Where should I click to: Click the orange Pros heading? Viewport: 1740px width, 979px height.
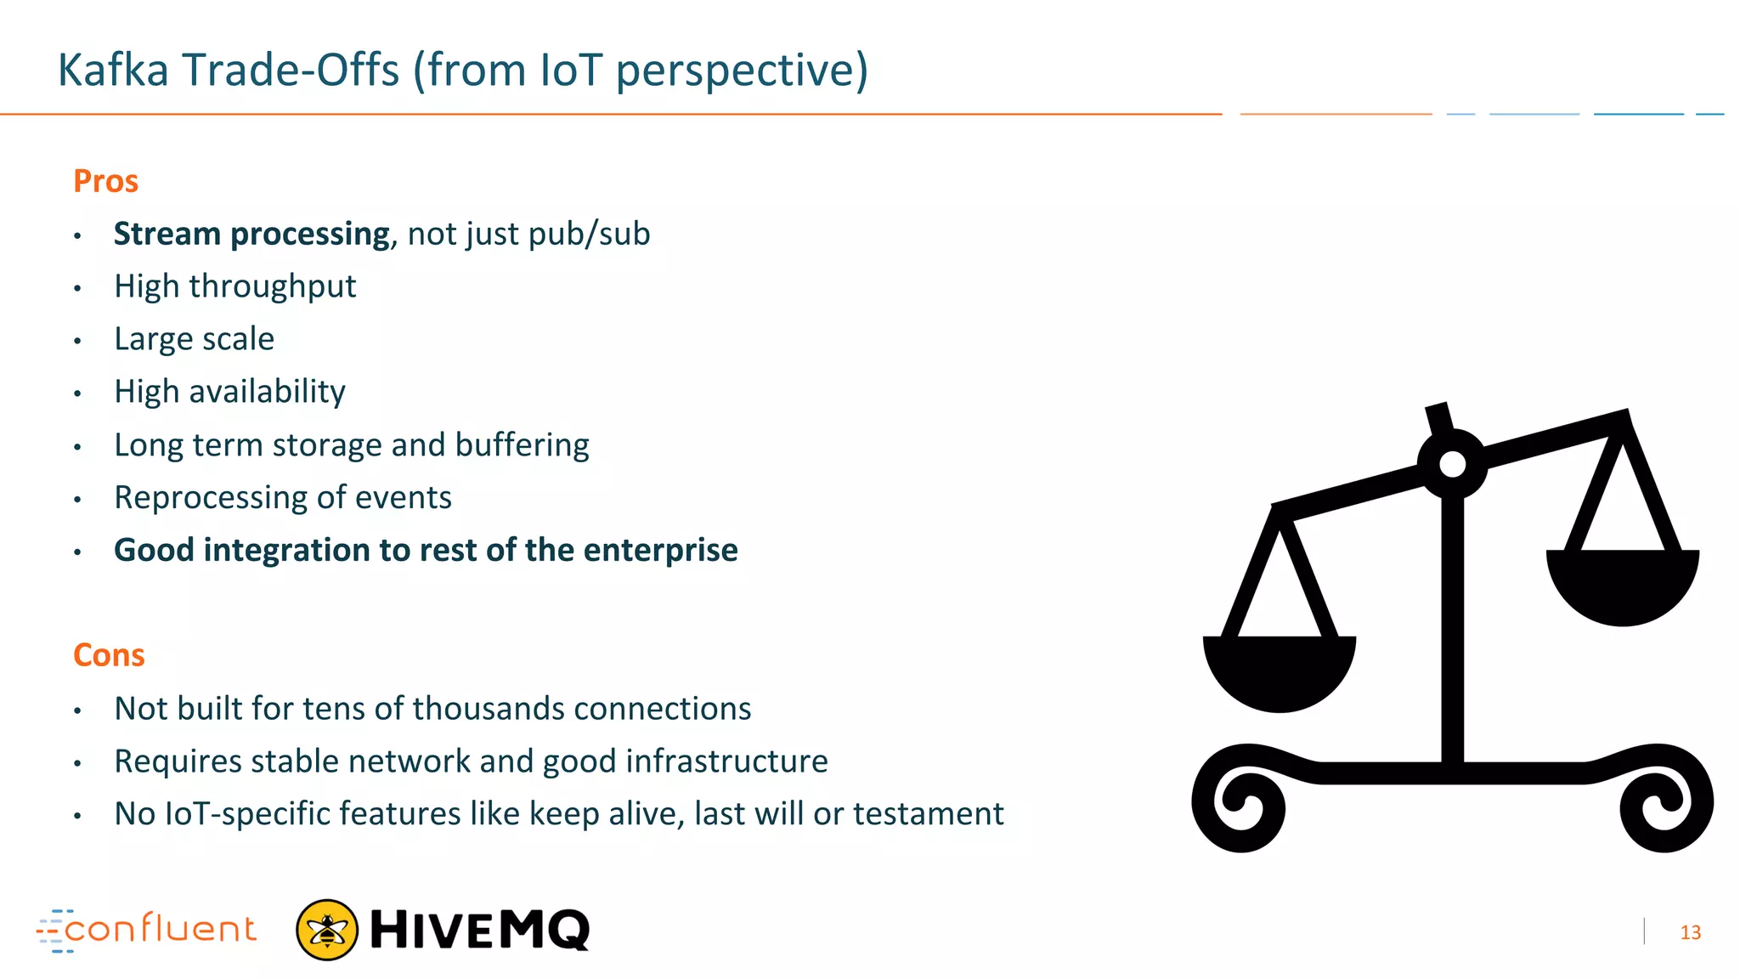coord(105,181)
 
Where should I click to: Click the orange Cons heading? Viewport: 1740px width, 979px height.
coord(109,655)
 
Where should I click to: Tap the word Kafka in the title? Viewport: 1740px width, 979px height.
coord(113,70)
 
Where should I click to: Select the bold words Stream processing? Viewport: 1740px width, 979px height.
coord(251,234)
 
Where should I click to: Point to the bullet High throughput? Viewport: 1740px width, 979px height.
coord(234,286)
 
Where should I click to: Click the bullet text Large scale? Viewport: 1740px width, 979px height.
coord(194,339)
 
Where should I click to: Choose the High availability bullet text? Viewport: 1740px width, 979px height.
coord(229,392)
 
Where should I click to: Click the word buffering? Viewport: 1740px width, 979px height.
coord(522,444)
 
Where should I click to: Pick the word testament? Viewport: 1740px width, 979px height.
coord(928,814)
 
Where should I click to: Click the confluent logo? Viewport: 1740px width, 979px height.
coord(146,930)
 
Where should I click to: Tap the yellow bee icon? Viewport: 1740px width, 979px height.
coord(327,930)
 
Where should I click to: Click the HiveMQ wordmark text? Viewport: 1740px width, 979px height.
coord(480,930)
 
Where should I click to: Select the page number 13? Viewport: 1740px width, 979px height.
coord(1690,933)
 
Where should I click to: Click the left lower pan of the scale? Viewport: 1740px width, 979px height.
coord(1279,671)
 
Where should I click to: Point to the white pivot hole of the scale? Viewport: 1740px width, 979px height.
coord(1453,465)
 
